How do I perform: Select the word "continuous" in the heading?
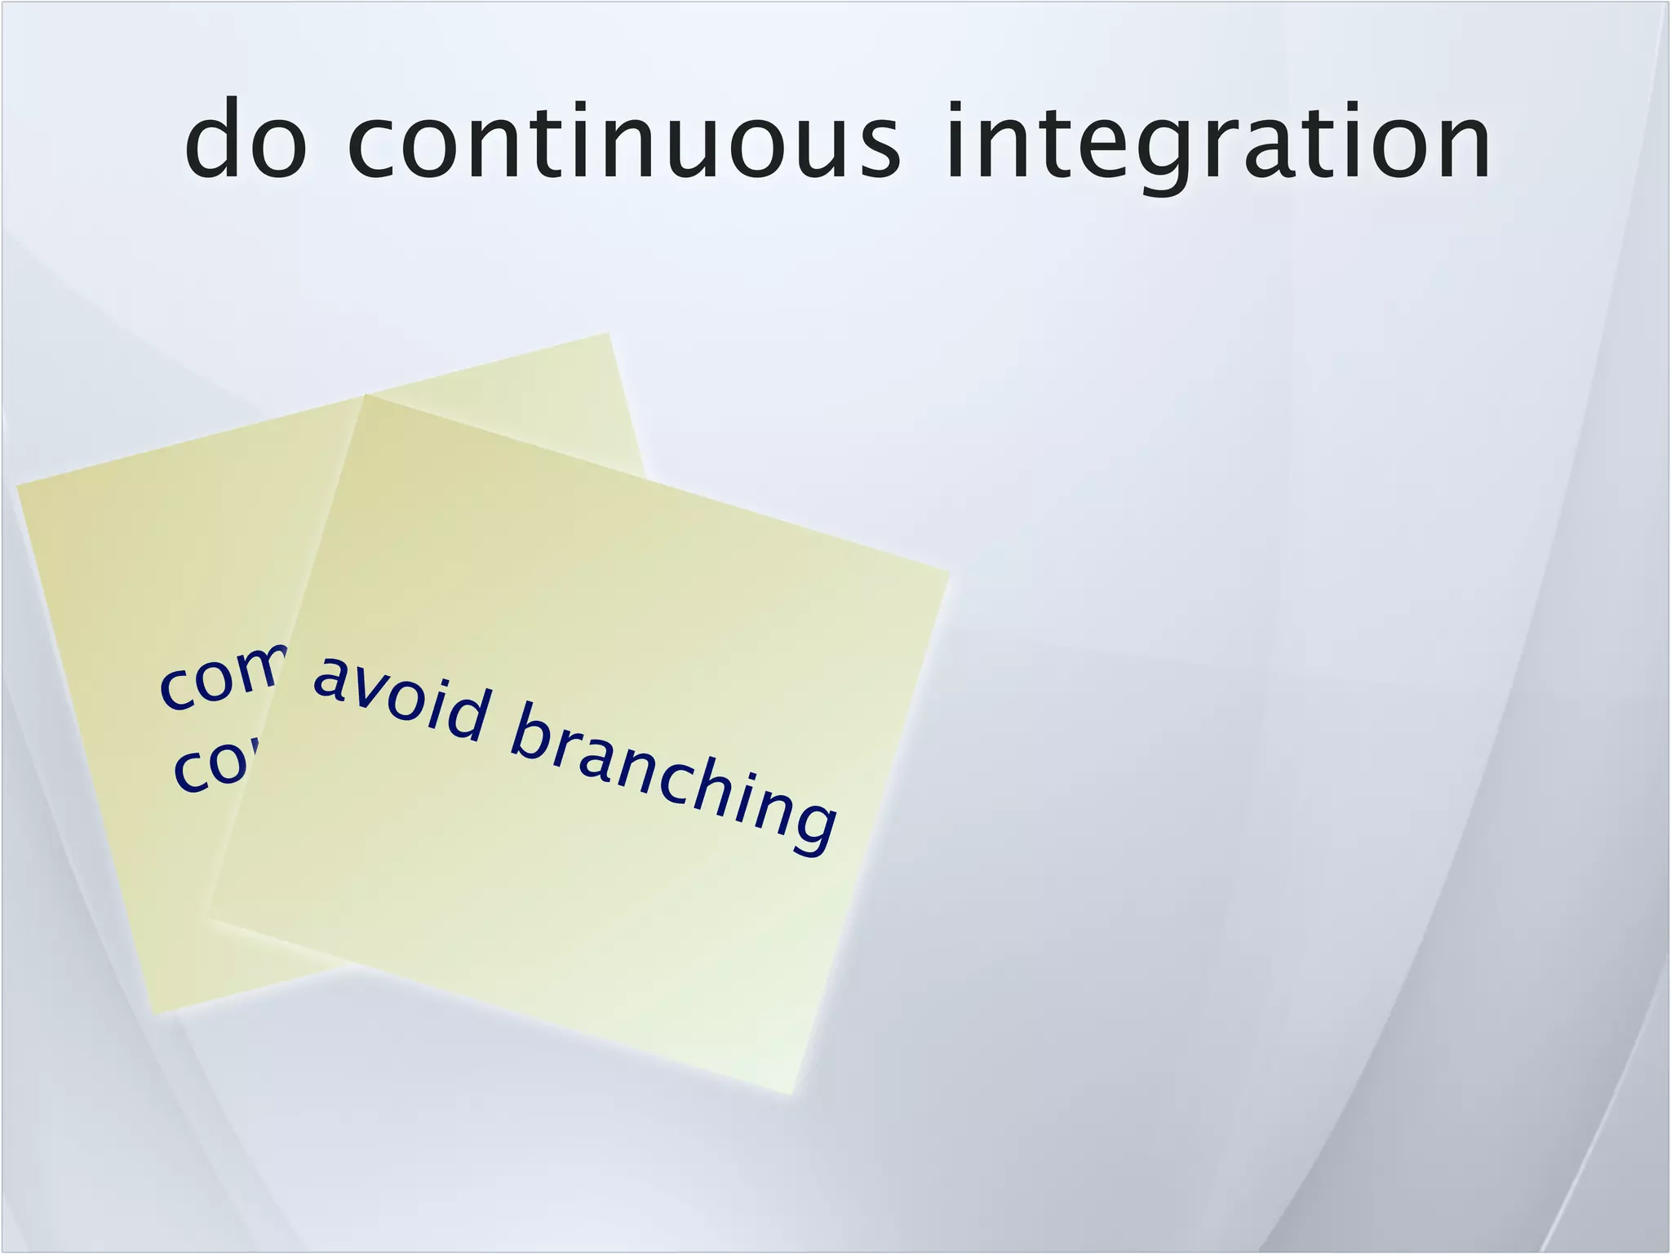[x=624, y=140]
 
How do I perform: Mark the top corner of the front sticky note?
[x=366, y=395]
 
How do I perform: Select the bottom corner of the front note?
[x=790, y=1094]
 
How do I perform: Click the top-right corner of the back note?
[x=609, y=333]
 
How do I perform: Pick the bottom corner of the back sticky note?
[x=153, y=1015]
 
